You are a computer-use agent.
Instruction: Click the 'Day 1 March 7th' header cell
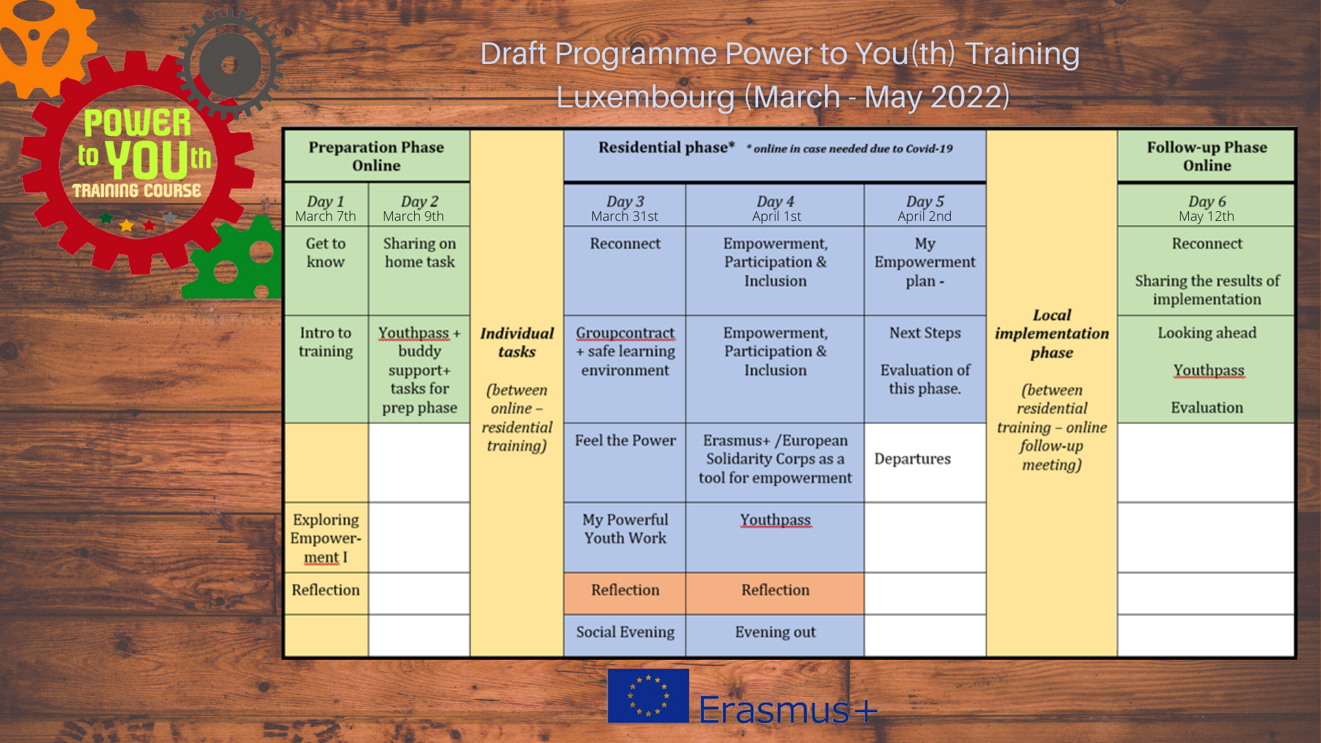pos(326,205)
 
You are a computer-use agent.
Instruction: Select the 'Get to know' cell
pos(326,270)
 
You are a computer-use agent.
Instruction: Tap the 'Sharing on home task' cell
pos(420,270)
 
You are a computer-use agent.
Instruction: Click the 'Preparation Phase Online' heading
pos(376,156)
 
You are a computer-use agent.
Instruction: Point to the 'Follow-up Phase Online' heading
pos(1207,156)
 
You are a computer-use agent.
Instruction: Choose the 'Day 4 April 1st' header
pos(775,205)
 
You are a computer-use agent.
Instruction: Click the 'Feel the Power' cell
pos(625,462)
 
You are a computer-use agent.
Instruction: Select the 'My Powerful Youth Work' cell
pos(625,537)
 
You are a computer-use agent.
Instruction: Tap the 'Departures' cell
pos(925,462)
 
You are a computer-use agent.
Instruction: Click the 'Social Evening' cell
pos(625,635)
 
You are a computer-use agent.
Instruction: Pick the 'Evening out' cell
pos(775,635)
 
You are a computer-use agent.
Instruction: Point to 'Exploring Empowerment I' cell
pos(326,537)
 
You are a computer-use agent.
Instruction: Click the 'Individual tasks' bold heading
pos(517,343)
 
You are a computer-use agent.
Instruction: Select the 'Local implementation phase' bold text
pos(1052,334)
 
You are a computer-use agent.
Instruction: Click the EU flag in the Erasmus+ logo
pos(648,696)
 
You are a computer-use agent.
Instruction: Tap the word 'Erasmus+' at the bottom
pos(788,710)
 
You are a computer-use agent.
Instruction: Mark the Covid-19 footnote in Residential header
pos(850,149)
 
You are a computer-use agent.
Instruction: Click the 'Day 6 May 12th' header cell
pos(1207,205)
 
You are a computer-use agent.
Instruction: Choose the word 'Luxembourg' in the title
pos(645,97)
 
